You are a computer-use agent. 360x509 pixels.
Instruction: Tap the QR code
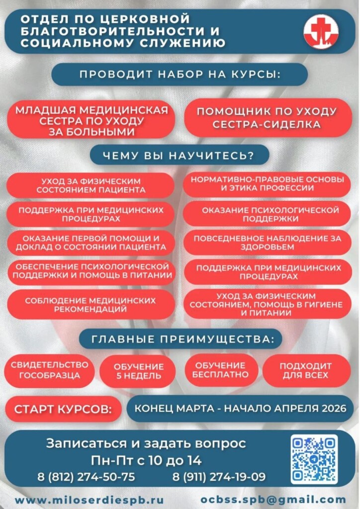pos(314,459)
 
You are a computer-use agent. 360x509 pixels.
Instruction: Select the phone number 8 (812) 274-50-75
pos(86,477)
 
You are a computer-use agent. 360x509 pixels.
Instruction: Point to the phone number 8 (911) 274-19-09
pos(219,477)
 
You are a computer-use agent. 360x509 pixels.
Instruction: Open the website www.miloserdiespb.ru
pos(89,500)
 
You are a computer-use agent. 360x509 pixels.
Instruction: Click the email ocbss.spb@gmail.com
pos(273,500)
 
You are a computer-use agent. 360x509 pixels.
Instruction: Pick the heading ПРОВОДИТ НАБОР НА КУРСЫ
pos(180,75)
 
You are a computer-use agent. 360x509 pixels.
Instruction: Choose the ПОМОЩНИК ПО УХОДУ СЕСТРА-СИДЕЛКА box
pos(267,118)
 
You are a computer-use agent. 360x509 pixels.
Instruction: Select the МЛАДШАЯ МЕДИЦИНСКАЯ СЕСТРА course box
pos(91,120)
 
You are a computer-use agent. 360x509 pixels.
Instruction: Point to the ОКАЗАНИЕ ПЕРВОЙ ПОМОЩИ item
pos(90,243)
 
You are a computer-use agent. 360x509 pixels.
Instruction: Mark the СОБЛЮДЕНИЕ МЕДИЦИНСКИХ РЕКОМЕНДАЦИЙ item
pos(90,305)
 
